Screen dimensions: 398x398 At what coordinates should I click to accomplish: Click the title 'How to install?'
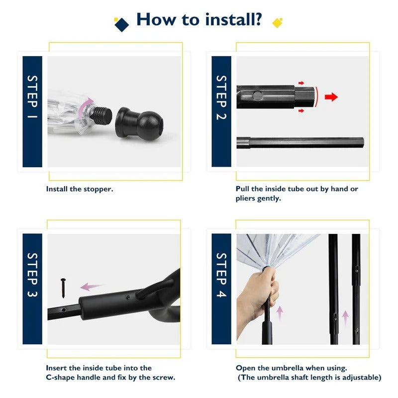[199, 19]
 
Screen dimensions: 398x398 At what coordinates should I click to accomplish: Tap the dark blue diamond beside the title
[121, 24]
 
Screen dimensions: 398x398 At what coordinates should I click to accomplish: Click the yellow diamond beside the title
[277, 23]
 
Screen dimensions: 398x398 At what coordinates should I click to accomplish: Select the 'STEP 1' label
[32, 97]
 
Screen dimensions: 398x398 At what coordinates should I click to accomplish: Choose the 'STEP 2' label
[221, 98]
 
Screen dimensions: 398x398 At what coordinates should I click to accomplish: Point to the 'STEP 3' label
[32, 275]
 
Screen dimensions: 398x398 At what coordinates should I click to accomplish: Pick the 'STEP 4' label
[221, 275]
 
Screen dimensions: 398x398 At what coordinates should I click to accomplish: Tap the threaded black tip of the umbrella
[101, 114]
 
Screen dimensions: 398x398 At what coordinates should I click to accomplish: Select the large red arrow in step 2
[331, 97]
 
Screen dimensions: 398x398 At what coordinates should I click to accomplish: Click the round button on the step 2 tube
[257, 96]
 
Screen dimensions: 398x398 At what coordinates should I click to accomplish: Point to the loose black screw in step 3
[63, 288]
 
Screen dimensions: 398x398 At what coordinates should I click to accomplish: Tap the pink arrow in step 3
[92, 287]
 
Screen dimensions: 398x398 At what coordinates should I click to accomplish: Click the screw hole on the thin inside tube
[64, 309]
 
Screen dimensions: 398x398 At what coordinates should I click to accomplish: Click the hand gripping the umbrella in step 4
[256, 299]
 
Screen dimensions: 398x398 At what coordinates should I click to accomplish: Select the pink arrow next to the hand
[280, 313]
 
